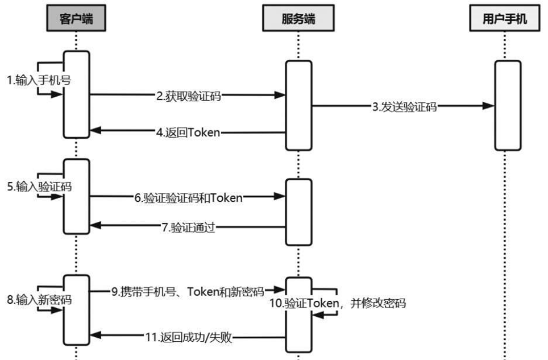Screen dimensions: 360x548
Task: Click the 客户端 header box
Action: tap(76, 19)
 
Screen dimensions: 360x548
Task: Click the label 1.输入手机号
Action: tap(39, 80)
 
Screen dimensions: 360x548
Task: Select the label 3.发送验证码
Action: tap(404, 106)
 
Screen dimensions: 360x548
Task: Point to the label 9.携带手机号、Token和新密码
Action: tap(188, 292)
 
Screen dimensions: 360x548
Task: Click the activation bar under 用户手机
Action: tap(507, 105)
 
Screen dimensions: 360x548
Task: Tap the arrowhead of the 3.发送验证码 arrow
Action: tap(488, 106)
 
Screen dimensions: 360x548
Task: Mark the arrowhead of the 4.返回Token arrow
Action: tap(96, 132)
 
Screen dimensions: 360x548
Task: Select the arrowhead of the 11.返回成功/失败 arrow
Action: tap(96, 338)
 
